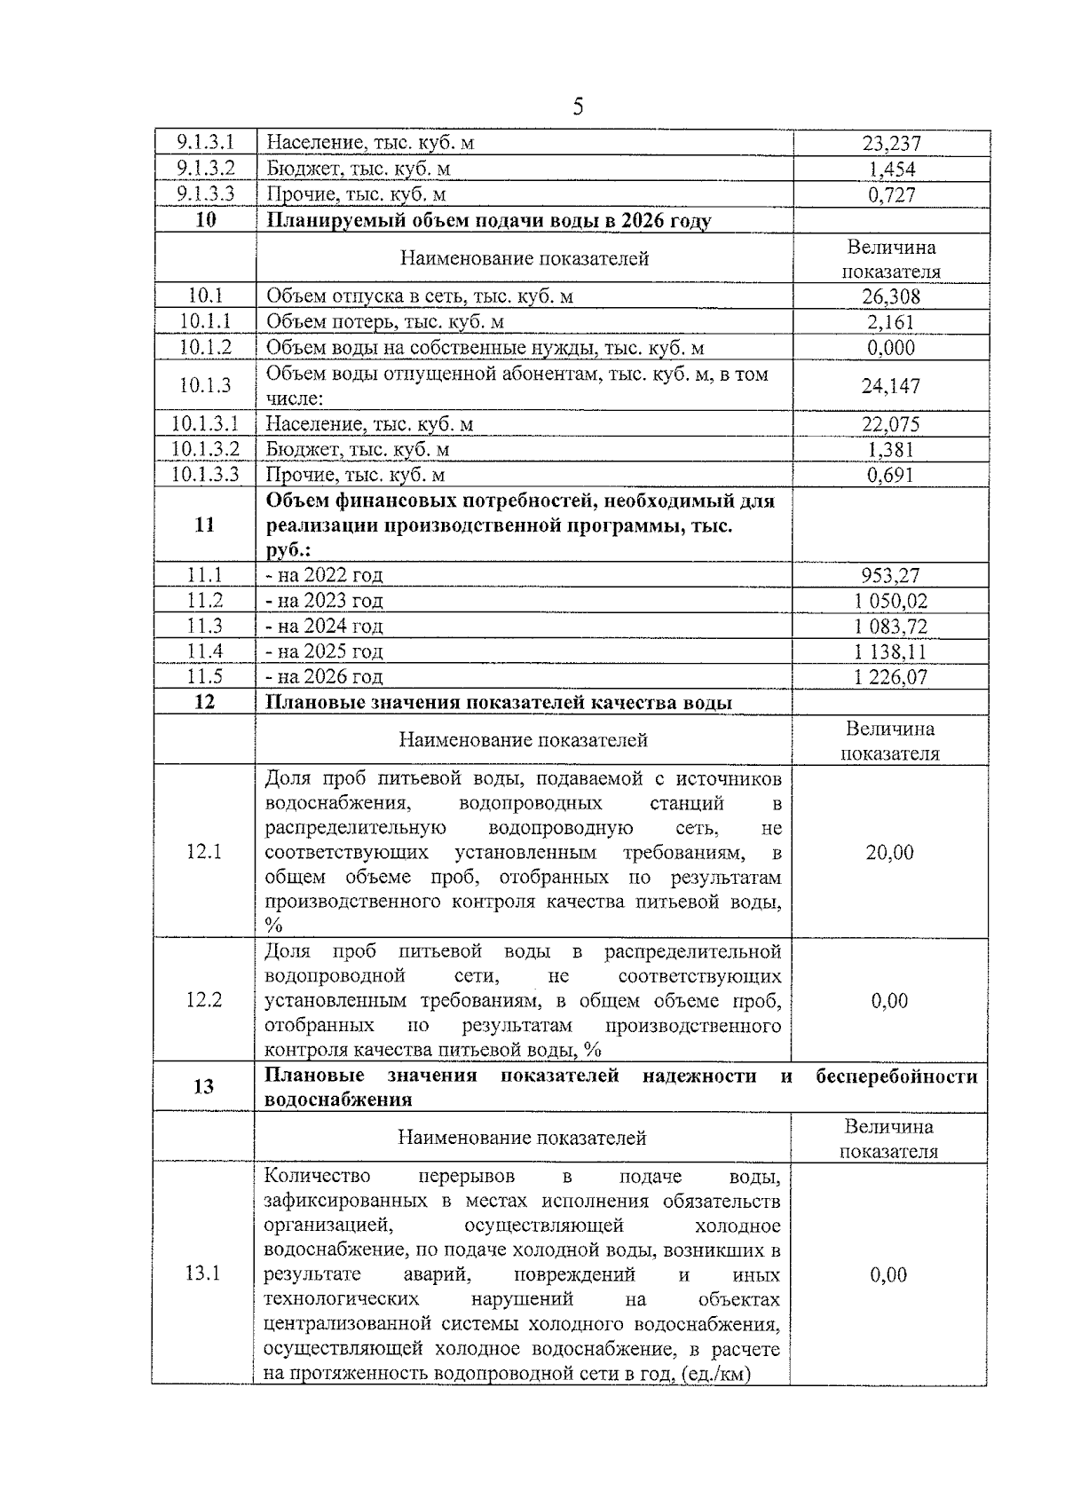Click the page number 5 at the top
coord(578,108)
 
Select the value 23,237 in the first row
coord(891,143)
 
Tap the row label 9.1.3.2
coord(205,169)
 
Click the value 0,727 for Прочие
coord(891,194)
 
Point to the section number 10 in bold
coord(205,220)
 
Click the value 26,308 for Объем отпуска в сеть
coord(891,296)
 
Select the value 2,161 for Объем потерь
coord(891,322)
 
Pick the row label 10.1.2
coord(205,348)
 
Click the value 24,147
coord(891,386)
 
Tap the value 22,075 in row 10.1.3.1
coord(891,424)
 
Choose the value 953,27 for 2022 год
coord(891,575)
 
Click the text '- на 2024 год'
coord(325,627)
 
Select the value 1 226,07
coord(891,677)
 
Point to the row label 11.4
coord(205,651)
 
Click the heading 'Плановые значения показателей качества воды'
coord(500,703)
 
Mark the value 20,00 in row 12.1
coord(889,853)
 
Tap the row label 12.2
coord(204,1000)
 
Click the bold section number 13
coord(204,1086)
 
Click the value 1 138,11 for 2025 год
coord(891,651)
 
